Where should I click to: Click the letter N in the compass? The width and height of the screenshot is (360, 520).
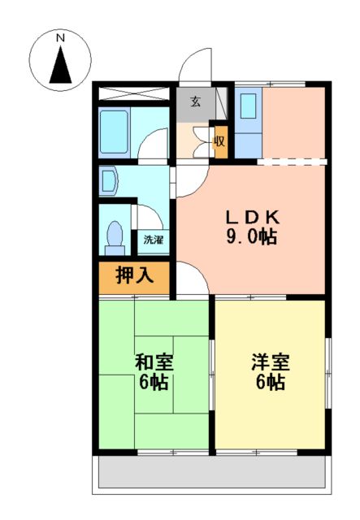pos(59,37)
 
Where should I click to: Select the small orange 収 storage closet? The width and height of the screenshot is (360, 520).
pos(219,139)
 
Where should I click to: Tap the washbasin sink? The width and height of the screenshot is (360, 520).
pos(109,182)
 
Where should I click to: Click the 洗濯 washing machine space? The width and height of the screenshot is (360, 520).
pos(153,240)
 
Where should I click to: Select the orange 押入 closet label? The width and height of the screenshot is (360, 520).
pos(134,276)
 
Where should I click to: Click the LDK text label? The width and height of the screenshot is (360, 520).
pos(253,217)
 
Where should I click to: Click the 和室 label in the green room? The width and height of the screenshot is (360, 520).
pos(154,362)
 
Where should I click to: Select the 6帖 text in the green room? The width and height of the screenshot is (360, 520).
pos(154,382)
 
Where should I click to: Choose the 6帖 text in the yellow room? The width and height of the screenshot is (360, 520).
pos(271,383)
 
